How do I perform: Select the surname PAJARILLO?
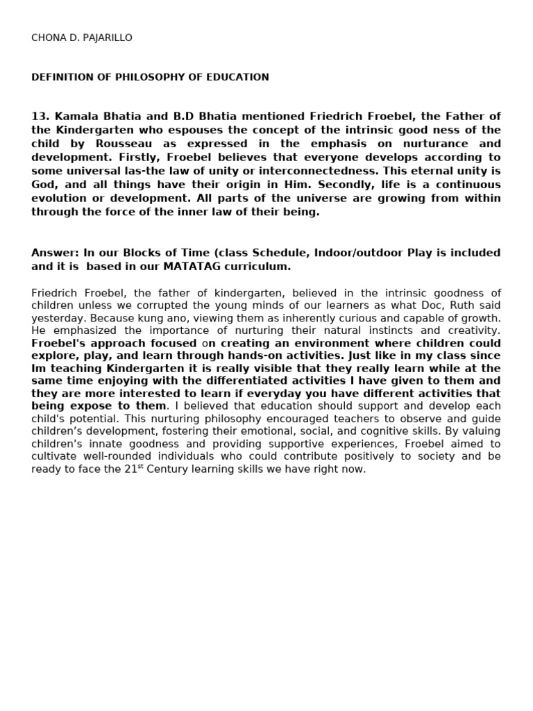(108, 37)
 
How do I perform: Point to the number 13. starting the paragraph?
(40, 116)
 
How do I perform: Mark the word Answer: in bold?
(55, 253)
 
